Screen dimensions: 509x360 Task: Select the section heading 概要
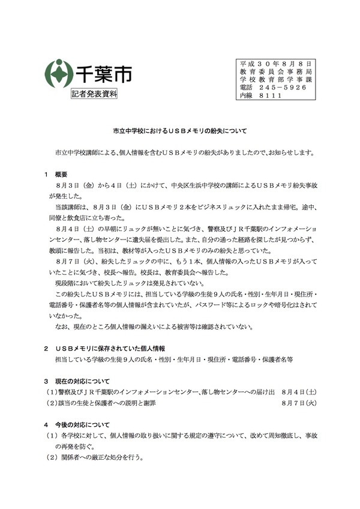(61, 174)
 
